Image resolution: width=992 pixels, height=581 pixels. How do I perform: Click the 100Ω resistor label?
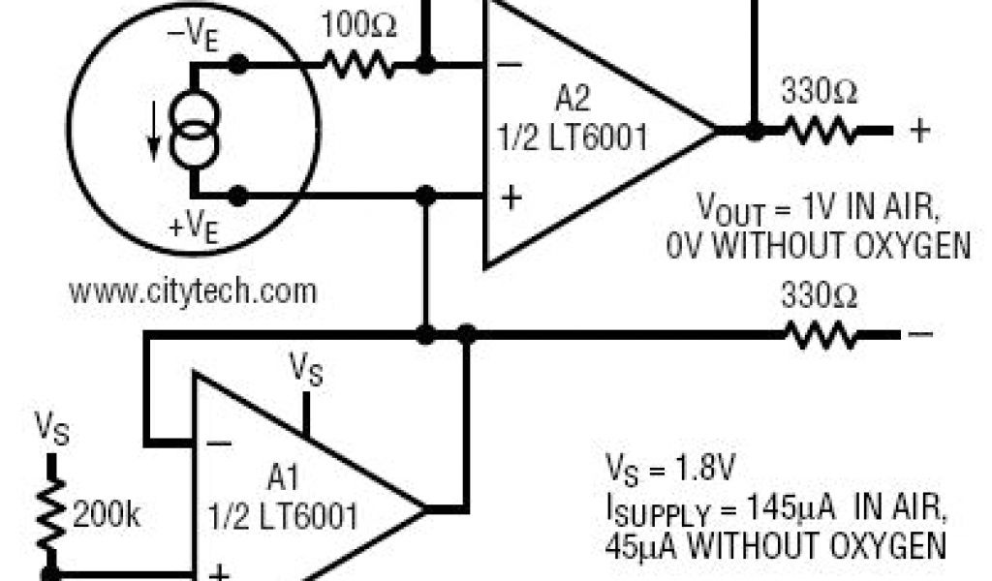pyautogui.click(x=359, y=26)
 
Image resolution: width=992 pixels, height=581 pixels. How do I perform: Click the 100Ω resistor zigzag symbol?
pyautogui.click(x=358, y=66)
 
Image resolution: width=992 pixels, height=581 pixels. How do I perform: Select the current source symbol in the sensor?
pyautogui.click(x=194, y=132)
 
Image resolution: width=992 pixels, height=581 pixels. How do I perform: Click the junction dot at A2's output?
pyautogui.click(x=754, y=131)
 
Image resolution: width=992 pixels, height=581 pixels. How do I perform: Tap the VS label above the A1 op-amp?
pyautogui.click(x=306, y=370)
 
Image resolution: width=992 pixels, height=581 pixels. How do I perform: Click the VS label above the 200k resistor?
pyautogui.click(x=50, y=426)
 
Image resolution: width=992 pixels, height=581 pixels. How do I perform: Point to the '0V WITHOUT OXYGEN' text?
pyautogui.click(x=818, y=246)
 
